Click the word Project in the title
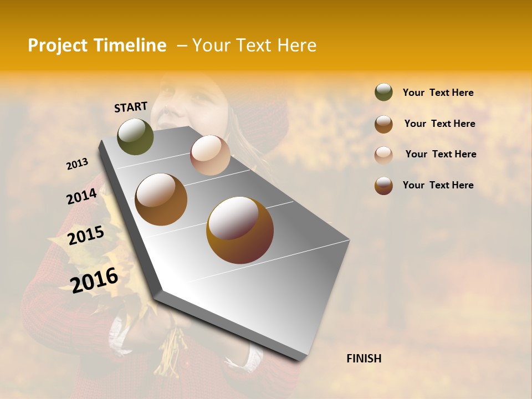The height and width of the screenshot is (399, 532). pyautogui.click(x=58, y=45)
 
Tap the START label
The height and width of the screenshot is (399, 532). pyautogui.click(x=131, y=107)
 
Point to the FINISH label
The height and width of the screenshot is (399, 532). pyautogui.click(x=364, y=359)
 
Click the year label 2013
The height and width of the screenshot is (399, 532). pyautogui.click(x=77, y=164)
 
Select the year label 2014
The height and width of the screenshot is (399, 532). pyautogui.click(x=81, y=197)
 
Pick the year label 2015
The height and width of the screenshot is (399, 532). pyautogui.click(x=86, y=236)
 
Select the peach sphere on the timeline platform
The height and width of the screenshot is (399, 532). pyautogui.click(x=210, y=155)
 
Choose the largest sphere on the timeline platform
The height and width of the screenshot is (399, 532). pyautogui.click(x=240, y=230)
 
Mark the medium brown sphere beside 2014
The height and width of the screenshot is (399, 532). pyautogui.click(x=161, y=199)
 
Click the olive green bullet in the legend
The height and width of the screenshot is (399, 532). pyautogui.click(x=383, y=93)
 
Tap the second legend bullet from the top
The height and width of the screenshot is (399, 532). pyautogui.click(x=383, y=124)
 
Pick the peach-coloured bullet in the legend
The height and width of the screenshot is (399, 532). pyautogui.click(x=383, y=155)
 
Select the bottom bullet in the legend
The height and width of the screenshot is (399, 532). pyautogui.click(x=383, y=186)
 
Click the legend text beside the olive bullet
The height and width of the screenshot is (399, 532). pyautogui.click(x=438, y=93)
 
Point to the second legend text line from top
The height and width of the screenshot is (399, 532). pyautogui.click(x=439, y=124)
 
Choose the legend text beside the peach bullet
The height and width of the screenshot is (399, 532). pyautogui.click(x=441, y=154)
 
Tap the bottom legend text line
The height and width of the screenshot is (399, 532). pyautogui.click(x=438, y=185)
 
